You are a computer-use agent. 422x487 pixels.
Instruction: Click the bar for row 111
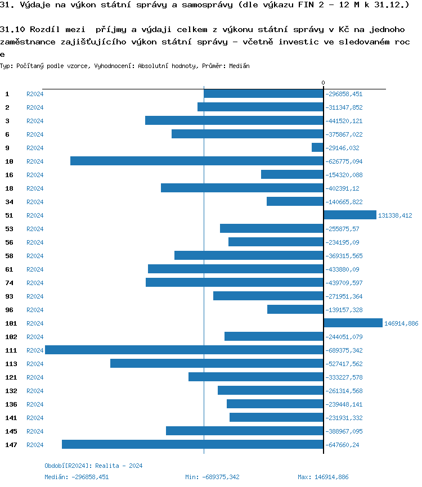click(x=184, y=350)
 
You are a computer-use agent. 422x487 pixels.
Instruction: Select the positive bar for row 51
click(x=349, y=215)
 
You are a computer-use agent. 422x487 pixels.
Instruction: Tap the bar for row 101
click(x=353, y=323)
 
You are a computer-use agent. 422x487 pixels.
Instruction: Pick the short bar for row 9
click(x=317, y=147)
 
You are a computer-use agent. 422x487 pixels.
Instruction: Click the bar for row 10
click(x=196, y=161)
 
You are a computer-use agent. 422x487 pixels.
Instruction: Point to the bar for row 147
click(x=192, y=444)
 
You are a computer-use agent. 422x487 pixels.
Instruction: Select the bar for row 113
click(x=217, y=363)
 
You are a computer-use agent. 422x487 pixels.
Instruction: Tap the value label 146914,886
click(x=401, y=323)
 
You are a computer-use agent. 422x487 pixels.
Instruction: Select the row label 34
click(x=9, y=202)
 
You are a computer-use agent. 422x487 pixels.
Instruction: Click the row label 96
click(x=9, y=310)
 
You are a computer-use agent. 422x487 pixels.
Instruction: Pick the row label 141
click(x=11, y=418)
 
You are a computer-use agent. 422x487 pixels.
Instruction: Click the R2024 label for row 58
click(x=35, y=256)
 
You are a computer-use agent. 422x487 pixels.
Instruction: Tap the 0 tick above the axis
click(x=323, y=83)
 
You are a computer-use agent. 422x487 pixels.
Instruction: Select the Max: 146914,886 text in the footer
click(x=323, y=477)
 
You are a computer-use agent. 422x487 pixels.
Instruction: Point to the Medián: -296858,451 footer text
click(x=77, y=477)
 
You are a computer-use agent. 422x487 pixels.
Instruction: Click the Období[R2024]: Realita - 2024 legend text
click(x=93, y=466)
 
